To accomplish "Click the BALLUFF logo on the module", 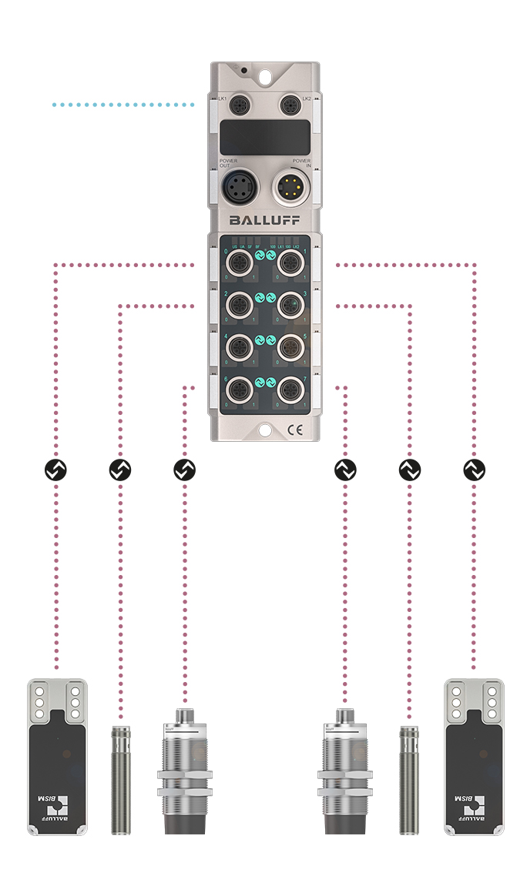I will pyautogui.click(x=263, y=221).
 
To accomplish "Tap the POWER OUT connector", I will pyautogui.click(x=236, y=187).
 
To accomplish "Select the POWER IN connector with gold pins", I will pyautogui.click(x=291, y=187).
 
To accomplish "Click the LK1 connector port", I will pyautogui.click(x=237, y=104).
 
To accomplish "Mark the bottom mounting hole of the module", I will pyautogui.click(x=263, y=430).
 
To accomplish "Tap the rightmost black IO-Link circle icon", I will pyautogui.click(x=473, y=469).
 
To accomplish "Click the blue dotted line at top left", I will pyautogui.click(x=123, y=103).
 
